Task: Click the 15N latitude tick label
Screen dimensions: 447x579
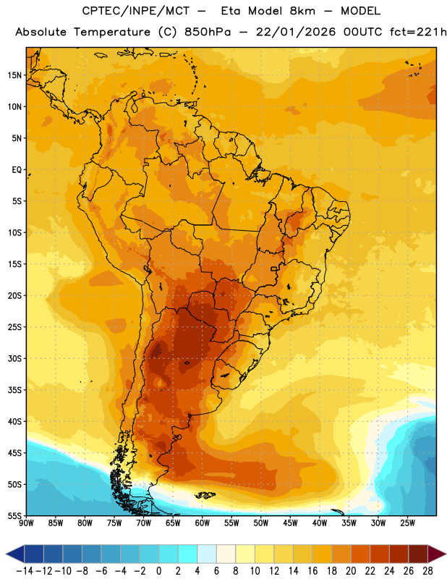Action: tap(14, 75)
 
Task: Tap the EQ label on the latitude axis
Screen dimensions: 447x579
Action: tap(17, 170)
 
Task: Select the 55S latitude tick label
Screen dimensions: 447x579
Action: tap(14, 515)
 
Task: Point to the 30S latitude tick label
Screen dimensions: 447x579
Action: tap(14, 358)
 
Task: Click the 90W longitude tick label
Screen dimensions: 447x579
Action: tap(26, 523)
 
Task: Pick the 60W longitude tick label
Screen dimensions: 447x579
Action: tap(203, 523)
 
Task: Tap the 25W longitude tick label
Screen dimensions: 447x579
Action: tap(407, 523)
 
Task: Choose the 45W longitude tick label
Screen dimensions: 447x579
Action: tap(290, 523)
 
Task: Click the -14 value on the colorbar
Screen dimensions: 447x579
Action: tap(25, 571)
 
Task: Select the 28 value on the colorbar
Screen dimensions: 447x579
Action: tap(427, 571)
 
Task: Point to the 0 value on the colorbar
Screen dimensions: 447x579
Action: tap(158, 571)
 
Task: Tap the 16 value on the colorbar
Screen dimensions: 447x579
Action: tap(312, 571)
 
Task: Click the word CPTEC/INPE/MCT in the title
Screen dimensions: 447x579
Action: tap(135, 11)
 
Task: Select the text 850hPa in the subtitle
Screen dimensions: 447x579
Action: tap(208, 32)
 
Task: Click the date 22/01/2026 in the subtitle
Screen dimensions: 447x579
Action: tap(296, 32)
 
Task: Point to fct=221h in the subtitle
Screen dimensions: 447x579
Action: tap(418, 32)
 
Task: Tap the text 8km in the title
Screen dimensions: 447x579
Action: tap(302, 11)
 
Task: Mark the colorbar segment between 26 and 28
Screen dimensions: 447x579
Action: tap(418, 554)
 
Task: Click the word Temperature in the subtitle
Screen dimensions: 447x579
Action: tap(112, 33)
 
